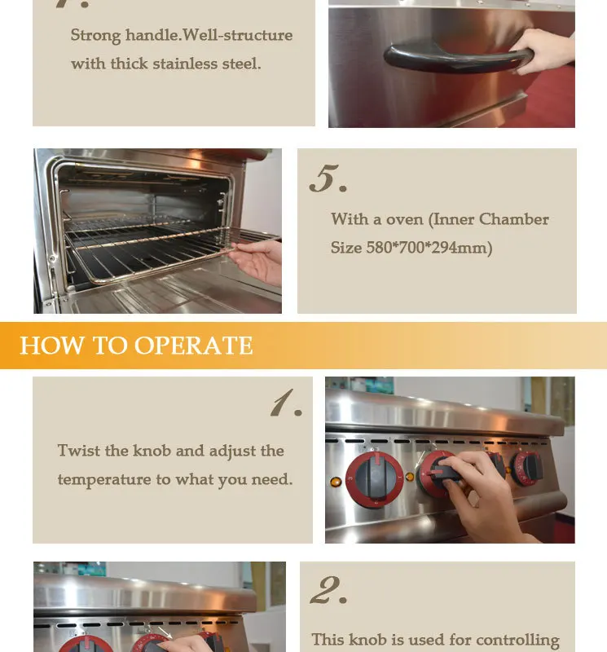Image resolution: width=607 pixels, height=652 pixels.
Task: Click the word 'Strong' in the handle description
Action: [96, 35]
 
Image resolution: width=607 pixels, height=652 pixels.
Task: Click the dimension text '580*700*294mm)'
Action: [429, 248]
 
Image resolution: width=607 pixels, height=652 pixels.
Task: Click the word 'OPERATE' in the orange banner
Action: [194, 346]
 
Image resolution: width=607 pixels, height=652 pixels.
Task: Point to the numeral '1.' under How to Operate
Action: [286, 403]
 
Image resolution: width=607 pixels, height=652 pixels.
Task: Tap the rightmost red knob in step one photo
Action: [528, 467]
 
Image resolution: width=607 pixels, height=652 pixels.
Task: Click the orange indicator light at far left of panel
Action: [335, 482]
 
